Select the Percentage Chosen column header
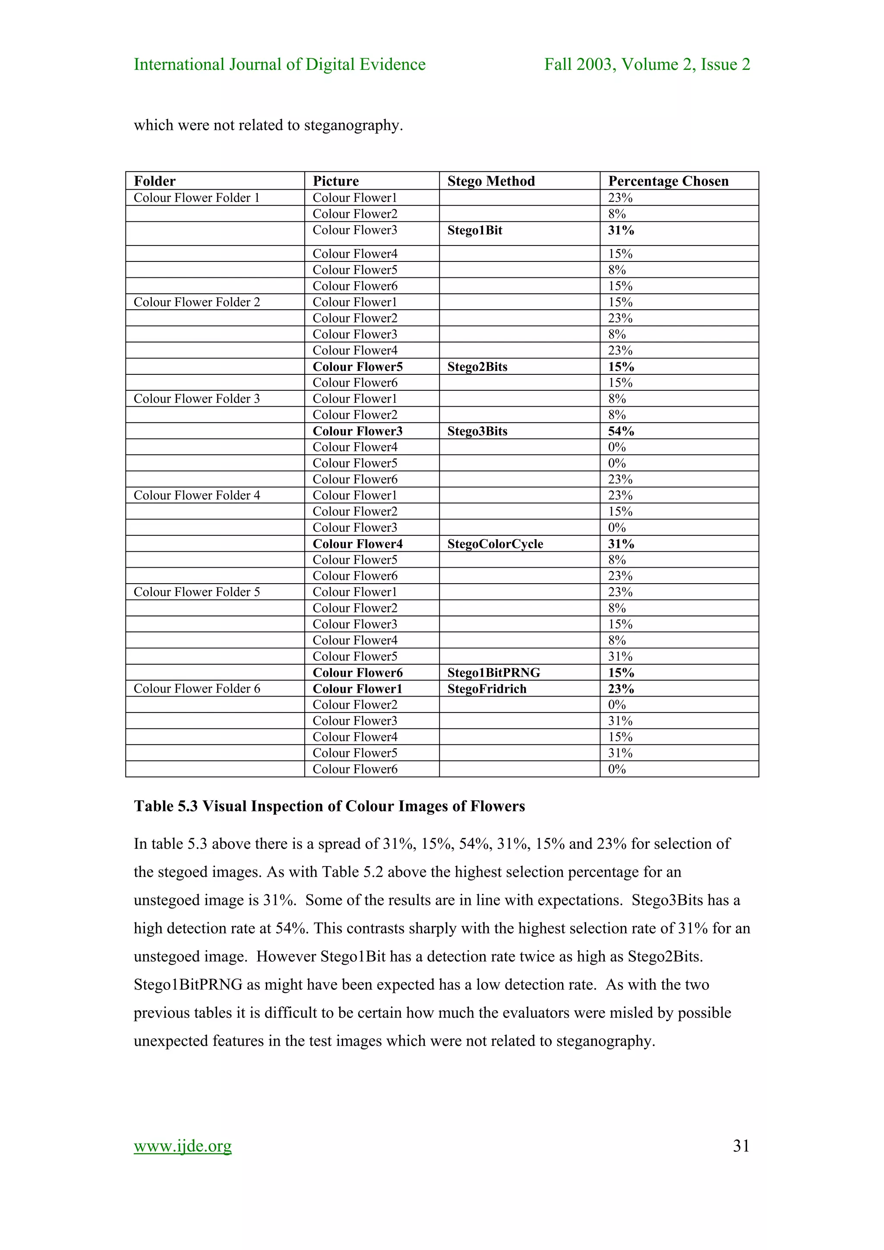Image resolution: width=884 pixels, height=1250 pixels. point(668,181)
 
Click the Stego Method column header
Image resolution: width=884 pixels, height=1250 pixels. point(491,181)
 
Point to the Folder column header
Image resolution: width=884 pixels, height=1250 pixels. point(155,181)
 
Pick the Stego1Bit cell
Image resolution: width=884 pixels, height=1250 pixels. point(474,230)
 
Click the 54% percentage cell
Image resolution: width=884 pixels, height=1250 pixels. point(621,431)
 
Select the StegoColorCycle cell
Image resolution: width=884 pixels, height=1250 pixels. point(495,544)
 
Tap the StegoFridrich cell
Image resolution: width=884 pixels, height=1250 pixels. point(486,689)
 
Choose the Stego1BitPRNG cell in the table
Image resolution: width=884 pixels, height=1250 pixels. point(493,673)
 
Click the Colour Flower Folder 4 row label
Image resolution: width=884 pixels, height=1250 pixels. point(197,496)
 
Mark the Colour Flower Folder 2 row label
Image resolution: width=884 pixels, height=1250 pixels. point(197,302)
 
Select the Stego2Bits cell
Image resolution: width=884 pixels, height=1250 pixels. point(477,367)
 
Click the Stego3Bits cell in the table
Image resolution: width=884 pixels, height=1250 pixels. point(477,431)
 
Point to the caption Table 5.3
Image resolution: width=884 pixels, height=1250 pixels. point(329,806)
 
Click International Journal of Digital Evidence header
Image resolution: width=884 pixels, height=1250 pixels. point(279,64)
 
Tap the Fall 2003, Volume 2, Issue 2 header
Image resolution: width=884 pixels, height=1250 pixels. point(647,64)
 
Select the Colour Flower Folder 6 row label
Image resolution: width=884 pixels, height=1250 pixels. point(197,689)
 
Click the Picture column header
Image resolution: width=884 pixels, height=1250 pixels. point(335,181)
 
